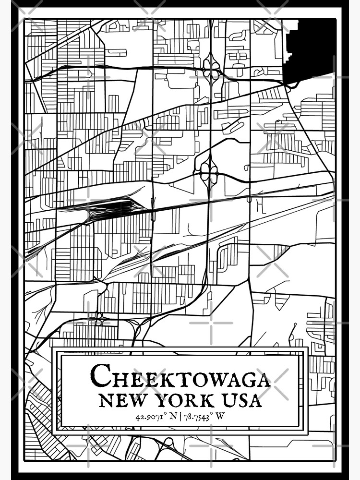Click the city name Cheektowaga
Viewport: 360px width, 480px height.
point(180,376)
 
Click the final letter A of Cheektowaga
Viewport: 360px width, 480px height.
point(262,379)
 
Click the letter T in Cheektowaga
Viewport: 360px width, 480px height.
point(174,379)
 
